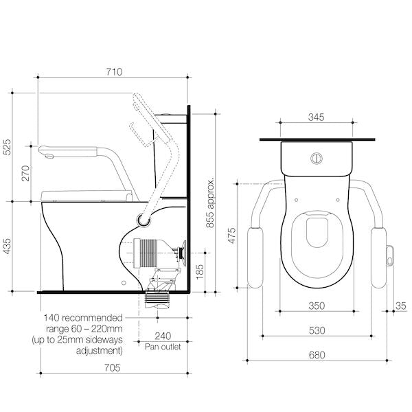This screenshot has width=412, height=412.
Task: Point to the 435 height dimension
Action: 8,247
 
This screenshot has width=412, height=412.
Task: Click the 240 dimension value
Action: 162,336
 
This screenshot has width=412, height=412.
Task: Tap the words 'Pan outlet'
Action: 162,347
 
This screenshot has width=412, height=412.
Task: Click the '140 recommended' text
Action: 82,318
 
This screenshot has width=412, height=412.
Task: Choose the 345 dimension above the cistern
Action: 316,117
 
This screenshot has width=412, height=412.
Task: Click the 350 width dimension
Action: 316,306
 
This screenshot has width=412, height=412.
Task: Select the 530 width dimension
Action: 316,330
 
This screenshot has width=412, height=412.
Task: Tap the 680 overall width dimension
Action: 316,355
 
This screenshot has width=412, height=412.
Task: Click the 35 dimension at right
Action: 400,306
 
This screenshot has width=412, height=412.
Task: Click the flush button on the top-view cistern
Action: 316,157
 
